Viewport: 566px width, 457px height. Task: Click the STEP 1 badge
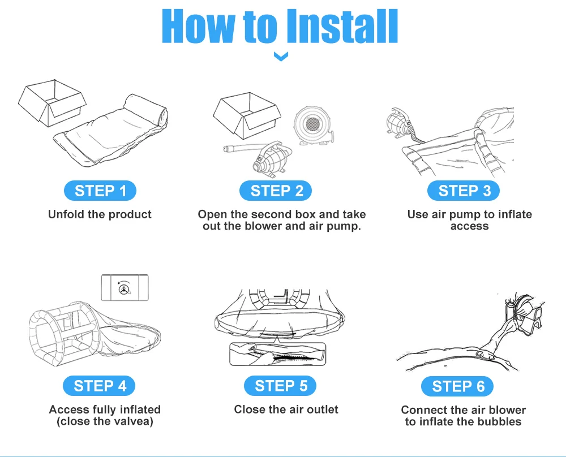click(100, 191)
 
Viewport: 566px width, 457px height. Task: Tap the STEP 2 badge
click(276, 191)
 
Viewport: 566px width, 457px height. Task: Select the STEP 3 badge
click(464, 191)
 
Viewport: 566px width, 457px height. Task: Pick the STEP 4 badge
click(99, 386)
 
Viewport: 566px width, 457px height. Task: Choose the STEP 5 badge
click(280, 386)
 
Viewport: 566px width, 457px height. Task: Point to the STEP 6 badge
click(457, 386)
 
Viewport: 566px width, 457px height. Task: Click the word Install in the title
click(342, 26)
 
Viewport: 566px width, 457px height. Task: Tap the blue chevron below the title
click(281, 56)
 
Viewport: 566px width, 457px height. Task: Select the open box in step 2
click(247, 115)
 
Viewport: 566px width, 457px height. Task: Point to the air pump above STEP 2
click(272, 160)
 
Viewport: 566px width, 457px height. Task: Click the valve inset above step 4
click(125, 287)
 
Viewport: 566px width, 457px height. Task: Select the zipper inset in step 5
click(277, 354)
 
